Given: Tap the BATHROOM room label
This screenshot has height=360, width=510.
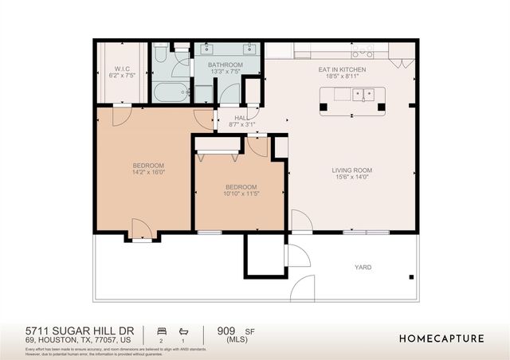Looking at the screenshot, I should [x=226, y=65].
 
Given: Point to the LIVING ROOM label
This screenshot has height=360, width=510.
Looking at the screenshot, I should [x=352, y=170].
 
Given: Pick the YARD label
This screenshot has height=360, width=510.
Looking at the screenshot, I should [x=363, y=268].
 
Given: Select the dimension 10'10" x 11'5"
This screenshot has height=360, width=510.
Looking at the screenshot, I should [x=240, y=194].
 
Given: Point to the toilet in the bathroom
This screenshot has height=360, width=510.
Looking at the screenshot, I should [x=159, y=54].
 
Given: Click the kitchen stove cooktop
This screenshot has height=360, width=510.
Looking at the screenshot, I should [x=363, y=52].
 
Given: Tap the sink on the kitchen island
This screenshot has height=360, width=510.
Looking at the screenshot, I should [x=366, y=94].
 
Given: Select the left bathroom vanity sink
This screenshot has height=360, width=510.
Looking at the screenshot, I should [x=206, y=49].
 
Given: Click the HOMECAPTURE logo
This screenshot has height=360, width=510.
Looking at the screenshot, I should [x=441, y=338].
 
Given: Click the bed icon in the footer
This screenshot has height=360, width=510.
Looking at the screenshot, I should [x=162, y=330].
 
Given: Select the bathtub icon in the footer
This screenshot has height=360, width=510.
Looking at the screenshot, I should [x=185, y=330].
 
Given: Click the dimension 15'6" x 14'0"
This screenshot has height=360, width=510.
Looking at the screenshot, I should [x=352, y=178].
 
